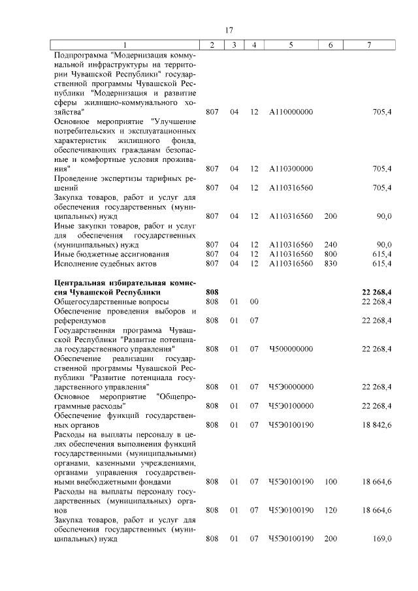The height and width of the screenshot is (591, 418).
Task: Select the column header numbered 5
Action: [x=291, y=44]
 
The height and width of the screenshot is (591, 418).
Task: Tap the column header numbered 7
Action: [x=370, y=44]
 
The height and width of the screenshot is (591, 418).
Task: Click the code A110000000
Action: [x=291, y=112]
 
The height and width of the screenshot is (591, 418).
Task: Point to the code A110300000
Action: [x=291, y=168]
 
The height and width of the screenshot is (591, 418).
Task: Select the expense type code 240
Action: [x=330, y=244]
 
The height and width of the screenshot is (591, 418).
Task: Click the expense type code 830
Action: [x=330, y=263]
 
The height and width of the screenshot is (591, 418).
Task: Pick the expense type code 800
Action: [x=330, y=253]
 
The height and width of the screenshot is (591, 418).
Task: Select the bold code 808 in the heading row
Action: [x=212, y=292]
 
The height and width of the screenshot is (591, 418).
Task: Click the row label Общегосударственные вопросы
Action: [x=111, y=302]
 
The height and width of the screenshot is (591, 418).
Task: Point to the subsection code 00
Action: [x=254, y=302]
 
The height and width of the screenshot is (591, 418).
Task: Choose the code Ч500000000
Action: [x=291, y=349]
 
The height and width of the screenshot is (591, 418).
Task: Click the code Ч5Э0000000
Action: [x=291, y=387]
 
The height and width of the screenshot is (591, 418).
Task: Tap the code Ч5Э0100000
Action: [x=291, y=406]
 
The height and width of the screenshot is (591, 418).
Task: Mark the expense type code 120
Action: [x=330, y=509]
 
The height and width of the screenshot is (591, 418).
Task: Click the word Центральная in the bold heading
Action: [x=80, y=282]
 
